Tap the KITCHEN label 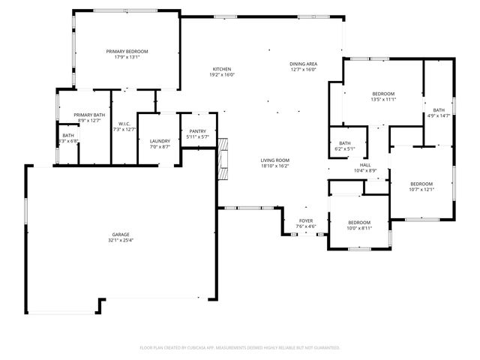pos(221,69)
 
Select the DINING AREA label pos(304,64)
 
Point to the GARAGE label pos(120,235)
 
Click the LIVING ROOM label pos(275,160)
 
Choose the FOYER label pos(306,220)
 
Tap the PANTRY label pos(198,131)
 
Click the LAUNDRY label pos(160,141)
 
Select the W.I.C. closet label pos(125,124)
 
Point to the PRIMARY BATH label pos(87,115)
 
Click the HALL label pos(365,165)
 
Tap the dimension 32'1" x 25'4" pos(120,241)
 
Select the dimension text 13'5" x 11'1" pos(383,99)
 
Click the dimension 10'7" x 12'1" pos(421,189)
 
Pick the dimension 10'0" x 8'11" pos(359,228)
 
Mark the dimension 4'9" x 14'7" pos(438,115)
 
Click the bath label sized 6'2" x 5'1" pos(345,143)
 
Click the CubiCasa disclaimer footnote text pos(240,348)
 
